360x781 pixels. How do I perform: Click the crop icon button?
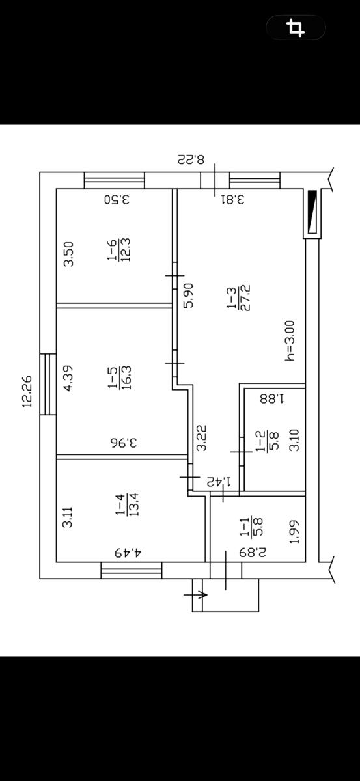(x=296, y=27)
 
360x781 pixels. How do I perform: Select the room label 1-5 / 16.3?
(x=120, y=377)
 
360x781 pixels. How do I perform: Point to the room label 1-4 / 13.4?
(x=128, y=504)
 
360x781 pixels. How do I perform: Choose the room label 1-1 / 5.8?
(x=251, y=527)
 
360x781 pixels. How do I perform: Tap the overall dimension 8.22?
(x=191, y=159)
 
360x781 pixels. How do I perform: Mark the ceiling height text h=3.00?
(x=290, y=340)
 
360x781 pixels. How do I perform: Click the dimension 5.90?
(x=188, y=295)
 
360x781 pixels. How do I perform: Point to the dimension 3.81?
(x=232, y=199)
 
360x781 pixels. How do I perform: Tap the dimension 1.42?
(x=219, y=482)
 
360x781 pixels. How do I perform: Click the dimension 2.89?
(x=253, y=553)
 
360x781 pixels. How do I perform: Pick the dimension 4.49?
(x=128, y=553)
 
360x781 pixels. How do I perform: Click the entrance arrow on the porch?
(x=196, y=594)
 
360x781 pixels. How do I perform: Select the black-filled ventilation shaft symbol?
(x=312, y=212)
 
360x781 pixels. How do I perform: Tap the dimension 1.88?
(x=273, y=398)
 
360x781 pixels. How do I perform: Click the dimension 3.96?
(x=124, y=443)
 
